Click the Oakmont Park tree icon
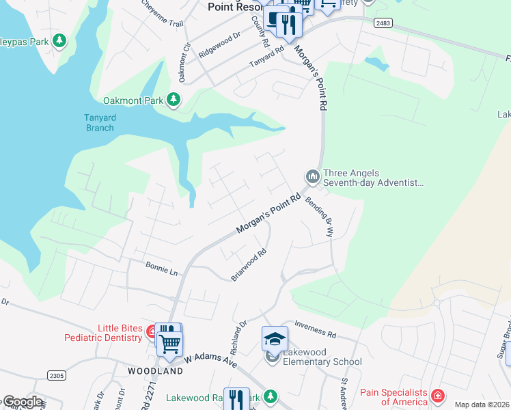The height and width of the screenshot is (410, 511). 174,100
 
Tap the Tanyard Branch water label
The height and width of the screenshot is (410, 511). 100,122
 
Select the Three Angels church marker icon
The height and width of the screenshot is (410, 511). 313,178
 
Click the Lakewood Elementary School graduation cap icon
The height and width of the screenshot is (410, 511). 274,339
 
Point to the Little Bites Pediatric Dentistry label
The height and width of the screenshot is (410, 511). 103,333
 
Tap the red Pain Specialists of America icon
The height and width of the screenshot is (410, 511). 437,396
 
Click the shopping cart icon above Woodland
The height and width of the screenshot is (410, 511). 169,342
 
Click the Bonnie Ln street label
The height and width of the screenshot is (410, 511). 161,269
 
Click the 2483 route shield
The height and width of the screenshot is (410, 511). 383,23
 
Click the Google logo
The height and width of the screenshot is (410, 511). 22,402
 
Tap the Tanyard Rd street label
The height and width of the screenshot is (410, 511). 266,60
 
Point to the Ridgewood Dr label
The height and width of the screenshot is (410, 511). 219,44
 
